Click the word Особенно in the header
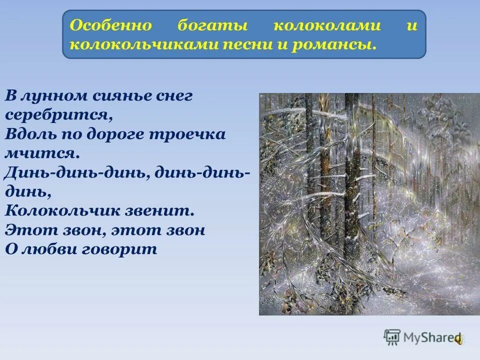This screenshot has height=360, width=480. pyautogui.click(x=103, y=26)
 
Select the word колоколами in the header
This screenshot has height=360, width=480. pyautogui.click(x=326, y=26)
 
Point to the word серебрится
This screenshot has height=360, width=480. pyautogui.click(x=56, y=115)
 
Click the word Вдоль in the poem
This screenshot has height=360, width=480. pyautogui.click(x=27, y=134)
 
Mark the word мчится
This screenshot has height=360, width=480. pyautogui.click(x=42, y=153)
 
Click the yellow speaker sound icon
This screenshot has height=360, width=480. pyautogui.click(x=458, y=338)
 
